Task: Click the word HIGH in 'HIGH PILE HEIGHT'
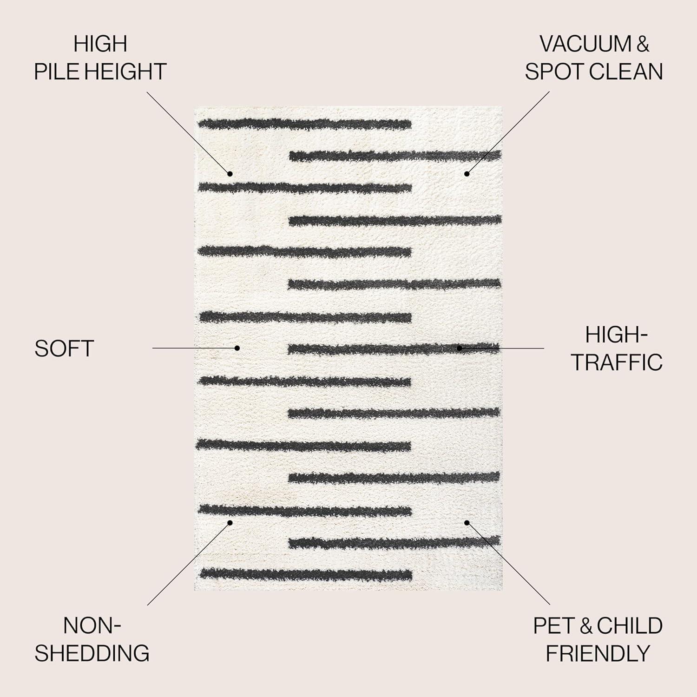point(100,44)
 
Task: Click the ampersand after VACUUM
point(643,44)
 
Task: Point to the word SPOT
point(553,72)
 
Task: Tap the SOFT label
point(64,348)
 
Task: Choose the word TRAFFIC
point(617,362)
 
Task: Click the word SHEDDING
point(92,653)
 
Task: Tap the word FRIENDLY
point(598,653)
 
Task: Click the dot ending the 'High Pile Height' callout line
point(230,174)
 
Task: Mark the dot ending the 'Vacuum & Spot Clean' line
point(467,174)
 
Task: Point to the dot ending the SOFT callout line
point(237,348)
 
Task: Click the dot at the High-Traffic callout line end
point(459,348)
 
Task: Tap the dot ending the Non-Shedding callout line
point(230,522)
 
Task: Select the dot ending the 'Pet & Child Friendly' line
point(467,522)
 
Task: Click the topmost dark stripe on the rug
point(305,124)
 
